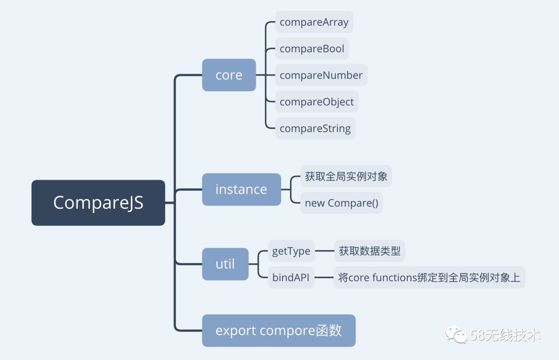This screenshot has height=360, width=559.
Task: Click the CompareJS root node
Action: (98, 203)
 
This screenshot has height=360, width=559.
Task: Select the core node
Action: (229, 75)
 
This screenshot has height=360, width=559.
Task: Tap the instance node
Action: (241, 190)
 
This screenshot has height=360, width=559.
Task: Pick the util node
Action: (225, 264)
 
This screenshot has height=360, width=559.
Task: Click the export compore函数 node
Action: (278, 330)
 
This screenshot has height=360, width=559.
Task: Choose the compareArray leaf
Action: (314, 22)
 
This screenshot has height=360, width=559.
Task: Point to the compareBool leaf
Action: (312, 49)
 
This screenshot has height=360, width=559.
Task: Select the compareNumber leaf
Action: (321, 75)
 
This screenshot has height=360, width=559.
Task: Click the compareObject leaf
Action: (317, 102)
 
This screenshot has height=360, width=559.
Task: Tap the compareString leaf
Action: (315, 128)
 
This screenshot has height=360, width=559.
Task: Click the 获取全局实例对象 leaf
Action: (346, 177)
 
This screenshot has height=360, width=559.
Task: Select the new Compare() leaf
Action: (342, 203)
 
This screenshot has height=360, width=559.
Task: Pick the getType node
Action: (291, 251)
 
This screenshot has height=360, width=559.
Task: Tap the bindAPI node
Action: (291, 278)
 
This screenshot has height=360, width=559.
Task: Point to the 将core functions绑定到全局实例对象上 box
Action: (429, 278)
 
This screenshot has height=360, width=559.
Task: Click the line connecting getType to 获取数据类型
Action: (325, 251)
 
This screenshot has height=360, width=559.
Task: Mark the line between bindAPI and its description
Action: (324, 278)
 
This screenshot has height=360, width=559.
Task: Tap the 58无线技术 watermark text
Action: (505, 335)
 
